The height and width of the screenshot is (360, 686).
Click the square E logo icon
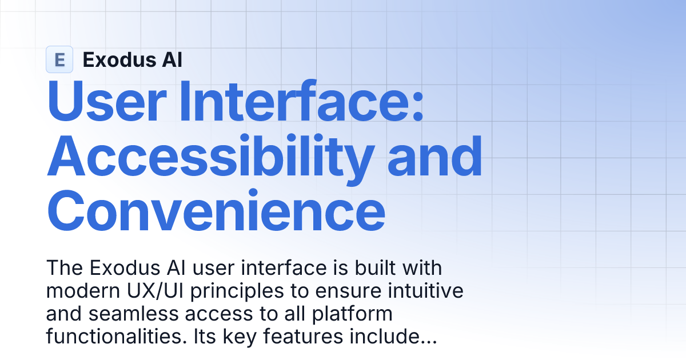(59, 59)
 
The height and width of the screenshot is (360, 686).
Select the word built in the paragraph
(366, 267)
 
